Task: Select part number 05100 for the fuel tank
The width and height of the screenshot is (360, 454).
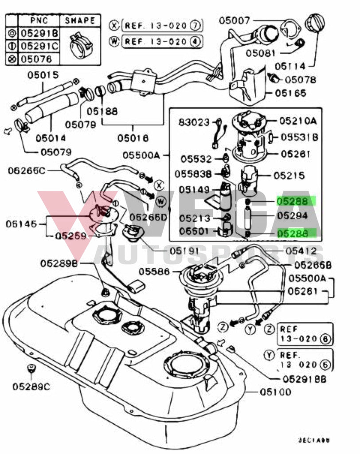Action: pos(275,391)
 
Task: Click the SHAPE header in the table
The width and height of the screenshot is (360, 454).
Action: pos(80,20)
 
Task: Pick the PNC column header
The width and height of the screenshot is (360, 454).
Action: pos(38,20)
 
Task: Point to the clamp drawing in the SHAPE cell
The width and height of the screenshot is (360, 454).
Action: pos(80,45)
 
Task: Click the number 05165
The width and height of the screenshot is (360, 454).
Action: pos(290,93)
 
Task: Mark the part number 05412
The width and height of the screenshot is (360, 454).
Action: pos(304,251)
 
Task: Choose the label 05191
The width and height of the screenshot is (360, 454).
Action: pos(185,250)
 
